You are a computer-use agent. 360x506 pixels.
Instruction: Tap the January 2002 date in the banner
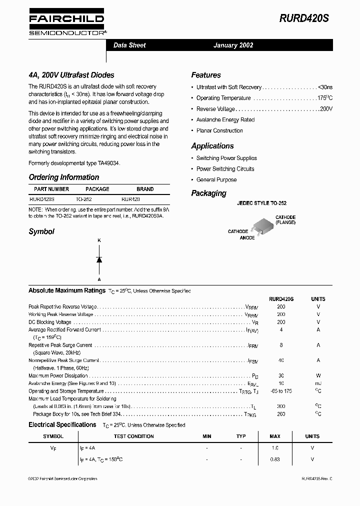pyautogui.click(x=233, y=45)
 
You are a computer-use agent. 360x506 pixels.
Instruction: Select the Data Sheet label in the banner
pyautogui.click(x=129, y=45)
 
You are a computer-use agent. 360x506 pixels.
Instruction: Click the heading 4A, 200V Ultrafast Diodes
pyautogui.click(x=71, y=75)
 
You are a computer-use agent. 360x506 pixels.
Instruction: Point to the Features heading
pyautogui.click(x=206, y=75)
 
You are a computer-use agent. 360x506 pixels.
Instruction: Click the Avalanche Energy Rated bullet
pyautogui.click(x=225, y=120)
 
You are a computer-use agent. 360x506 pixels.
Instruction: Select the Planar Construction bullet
pyautogui.click(x=219, y=131)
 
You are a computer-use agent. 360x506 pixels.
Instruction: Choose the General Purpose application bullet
pyautogui.click(x=216, y=180)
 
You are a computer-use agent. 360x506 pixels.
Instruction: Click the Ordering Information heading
pyautogui.click(x=64, y=177)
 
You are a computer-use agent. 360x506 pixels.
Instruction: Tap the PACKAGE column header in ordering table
pyautogui.click(x=97, y=189)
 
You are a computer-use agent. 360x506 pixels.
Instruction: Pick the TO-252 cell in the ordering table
pyautogui.click(x=83, y=199)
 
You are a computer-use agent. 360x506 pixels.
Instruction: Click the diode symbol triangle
pyautogui.click(x=99, y=259)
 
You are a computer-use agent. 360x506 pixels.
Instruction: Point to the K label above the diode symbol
pyautogui.click(x=99, y=241)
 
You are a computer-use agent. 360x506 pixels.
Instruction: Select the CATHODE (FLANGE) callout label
pyautogui.click(x=285, y=220)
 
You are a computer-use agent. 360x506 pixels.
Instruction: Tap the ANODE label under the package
pyautogui.click(x=247, y=238)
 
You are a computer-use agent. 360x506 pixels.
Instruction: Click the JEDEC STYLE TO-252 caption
pyautogui.click(x=260, y=204)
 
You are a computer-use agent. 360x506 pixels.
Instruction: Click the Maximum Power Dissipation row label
pyautogui.click(x=58, y=376)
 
